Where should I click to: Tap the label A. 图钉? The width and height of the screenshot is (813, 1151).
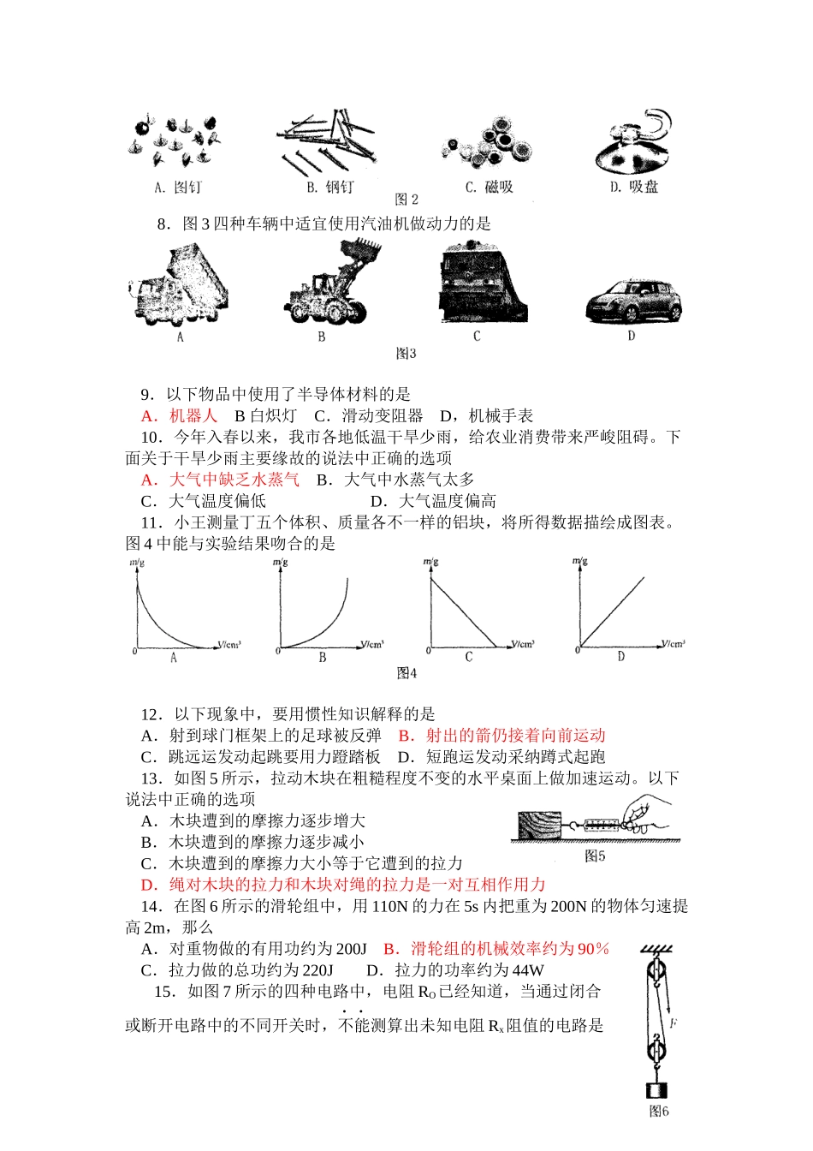[x=178, y=187]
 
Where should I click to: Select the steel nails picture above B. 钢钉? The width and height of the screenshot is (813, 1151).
[x=326, y=141]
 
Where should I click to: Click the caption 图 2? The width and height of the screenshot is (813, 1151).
[x=406, y=200]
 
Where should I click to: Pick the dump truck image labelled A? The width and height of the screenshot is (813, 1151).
[x=179, y=287]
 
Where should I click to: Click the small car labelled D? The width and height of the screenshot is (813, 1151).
[x=633, y=301]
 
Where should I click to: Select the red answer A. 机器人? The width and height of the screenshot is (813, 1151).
[x=180, y=416]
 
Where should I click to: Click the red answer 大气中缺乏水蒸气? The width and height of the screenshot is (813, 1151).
[x=233, y=480]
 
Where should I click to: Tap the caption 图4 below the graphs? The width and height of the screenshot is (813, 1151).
[x=406, y=673]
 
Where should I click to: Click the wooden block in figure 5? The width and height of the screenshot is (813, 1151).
[x=539, y=825]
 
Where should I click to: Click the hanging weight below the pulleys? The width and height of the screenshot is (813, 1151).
[x=657, y=1090]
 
